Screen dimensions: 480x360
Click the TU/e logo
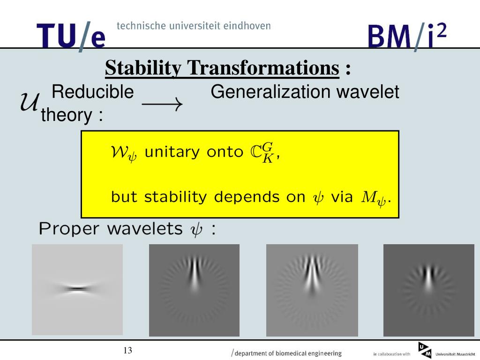click(x=71, y=36)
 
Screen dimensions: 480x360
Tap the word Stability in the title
click(x=143, y=68)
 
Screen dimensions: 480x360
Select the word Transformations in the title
click(x=263, y=67)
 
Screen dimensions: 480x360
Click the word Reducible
click(x=93, y=91)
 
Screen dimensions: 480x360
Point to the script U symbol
click(x=30, y=102)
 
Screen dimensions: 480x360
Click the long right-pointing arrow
click(x=162, y=105)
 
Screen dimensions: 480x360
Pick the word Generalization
click(x=270, y=91)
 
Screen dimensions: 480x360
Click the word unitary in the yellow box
click(x=172, y=152)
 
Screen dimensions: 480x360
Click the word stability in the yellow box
click(x=175, y=197)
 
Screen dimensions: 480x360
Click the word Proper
click(x=69, y=229)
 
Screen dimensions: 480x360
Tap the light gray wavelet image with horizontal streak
click(x=77, y=290)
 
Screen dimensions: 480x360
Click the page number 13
click(x=127, y=350)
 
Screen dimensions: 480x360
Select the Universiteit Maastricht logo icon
click(x=425, y=350)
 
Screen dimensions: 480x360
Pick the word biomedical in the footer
click(x=290, y=353)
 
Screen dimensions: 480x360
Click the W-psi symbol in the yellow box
click(x=124, y=153)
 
